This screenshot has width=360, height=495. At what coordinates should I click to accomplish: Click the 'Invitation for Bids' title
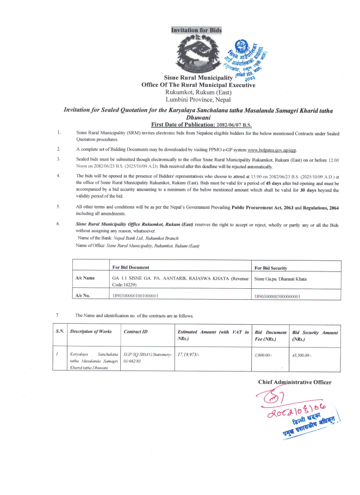tap(196, 30)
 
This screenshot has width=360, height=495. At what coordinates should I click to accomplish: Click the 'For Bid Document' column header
tap(131, 268)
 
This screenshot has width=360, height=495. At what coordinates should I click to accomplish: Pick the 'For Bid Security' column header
tap(271, 268)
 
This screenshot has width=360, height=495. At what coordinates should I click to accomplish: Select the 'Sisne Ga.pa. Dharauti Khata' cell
tap(281, 279)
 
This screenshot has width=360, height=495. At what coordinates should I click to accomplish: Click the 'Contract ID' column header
tap(135, 331)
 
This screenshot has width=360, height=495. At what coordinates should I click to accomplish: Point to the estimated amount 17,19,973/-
tap(189, 354)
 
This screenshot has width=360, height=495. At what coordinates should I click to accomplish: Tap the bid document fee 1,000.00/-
tap(263, 355)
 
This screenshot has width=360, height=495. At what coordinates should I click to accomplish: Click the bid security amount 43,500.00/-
tap(302, 355)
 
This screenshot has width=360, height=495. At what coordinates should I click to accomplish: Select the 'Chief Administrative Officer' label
tap(294, 382)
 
